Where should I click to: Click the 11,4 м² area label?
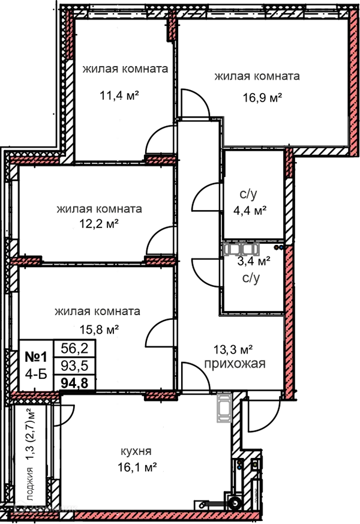119,95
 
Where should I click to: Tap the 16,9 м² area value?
262,98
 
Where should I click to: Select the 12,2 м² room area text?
99,223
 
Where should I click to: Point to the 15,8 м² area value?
99,330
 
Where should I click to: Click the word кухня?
136,451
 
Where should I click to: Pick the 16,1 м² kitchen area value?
137,467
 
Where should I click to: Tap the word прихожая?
235,364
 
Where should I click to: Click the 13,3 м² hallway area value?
233,350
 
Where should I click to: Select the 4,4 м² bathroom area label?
250,211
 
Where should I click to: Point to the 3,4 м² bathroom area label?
253,261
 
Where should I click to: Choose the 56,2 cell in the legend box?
74,349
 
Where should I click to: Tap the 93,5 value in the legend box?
74,366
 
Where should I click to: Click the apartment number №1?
36,357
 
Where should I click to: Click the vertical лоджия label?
31,484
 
